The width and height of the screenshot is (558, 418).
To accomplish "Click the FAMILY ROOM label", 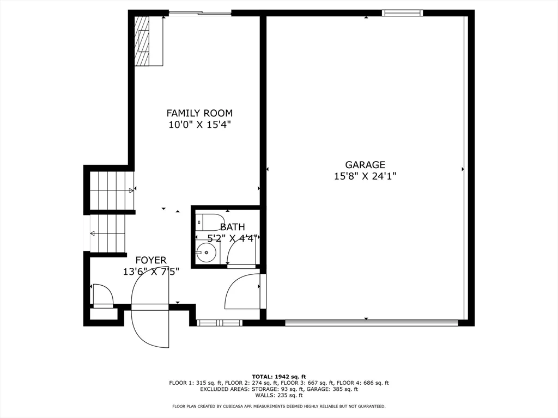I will click(199, 113).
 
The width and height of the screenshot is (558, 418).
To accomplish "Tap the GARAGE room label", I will click(365, 164).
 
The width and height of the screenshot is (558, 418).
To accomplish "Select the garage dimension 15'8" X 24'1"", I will click(365, 176).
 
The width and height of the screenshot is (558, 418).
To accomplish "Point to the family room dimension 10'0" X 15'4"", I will click(199, 125).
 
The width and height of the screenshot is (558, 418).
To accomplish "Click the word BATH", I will click(233, 227).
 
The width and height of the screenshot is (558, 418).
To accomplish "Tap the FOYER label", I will click(151, 260).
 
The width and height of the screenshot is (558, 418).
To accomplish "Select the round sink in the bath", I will click(206, 253).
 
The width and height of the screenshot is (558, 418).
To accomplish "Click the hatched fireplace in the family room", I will click(142, 41).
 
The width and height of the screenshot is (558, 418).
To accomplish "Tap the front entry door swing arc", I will click(150, 329).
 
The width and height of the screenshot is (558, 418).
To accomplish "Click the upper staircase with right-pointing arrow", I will click(111, 190).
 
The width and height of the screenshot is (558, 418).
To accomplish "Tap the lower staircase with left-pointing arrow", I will click(108, 233).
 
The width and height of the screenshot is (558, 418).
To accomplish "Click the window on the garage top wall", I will click(402, 13).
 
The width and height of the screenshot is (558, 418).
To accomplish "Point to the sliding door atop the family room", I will click(200, 13).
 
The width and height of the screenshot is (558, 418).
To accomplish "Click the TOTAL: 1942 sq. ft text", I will click(279, 376).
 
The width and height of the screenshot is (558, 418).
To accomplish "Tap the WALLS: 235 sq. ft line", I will click(279, 395).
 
